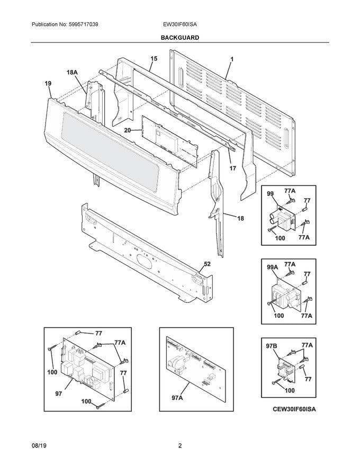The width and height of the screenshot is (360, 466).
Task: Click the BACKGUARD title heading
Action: (181, 38)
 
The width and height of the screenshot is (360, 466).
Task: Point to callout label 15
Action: (154, 59)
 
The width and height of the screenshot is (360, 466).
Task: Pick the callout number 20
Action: (127, 129)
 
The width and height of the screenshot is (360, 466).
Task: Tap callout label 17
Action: (232, 168)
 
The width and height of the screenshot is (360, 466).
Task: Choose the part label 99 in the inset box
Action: (270, 195)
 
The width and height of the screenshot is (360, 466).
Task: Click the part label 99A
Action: (271, 268)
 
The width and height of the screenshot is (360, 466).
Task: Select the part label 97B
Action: (271, 346)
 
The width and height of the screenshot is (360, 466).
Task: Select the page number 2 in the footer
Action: (180, 446)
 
